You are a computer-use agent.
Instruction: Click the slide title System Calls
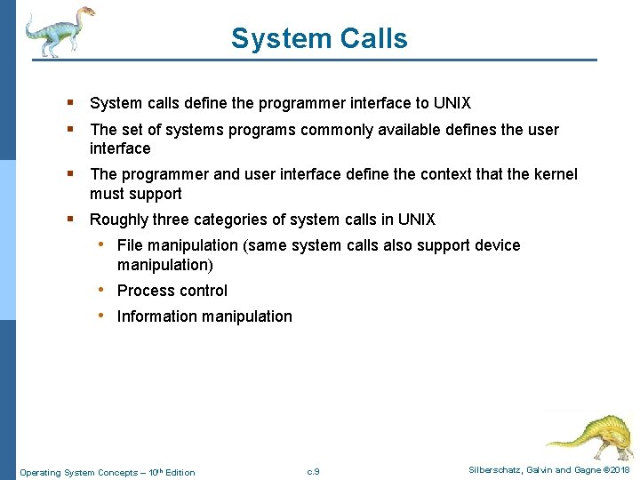pos(319,38)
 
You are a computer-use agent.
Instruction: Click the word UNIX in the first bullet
pos(452,103)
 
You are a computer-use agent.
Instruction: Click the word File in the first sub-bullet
pos(131,245)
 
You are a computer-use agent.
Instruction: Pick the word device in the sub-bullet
pos(498,245)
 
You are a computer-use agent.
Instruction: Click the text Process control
pos(172,291)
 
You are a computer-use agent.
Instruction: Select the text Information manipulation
pos(204,316)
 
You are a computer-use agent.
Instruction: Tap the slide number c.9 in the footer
pos(313,471)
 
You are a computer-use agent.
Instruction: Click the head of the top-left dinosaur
pos(85,12)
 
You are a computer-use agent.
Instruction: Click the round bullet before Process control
pos(103,290)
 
